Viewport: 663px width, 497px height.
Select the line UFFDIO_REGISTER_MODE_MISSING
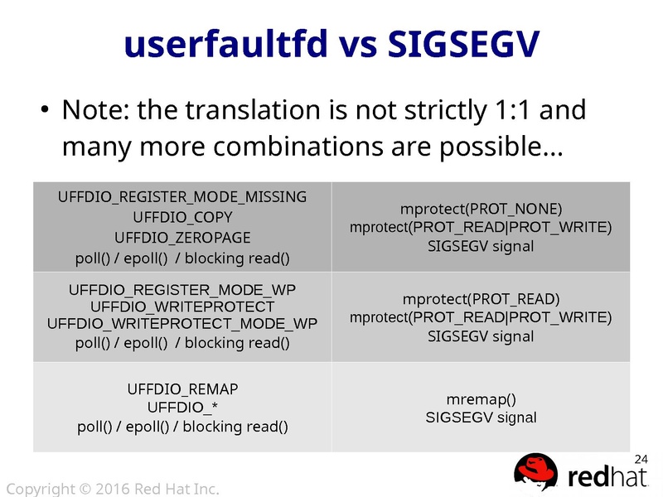click(x=182, y=196)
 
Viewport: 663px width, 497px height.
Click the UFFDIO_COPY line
click(x=182, y=217)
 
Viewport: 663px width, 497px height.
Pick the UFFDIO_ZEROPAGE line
click(x=182, y=237)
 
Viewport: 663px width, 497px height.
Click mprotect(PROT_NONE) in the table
click(x=481, y=207)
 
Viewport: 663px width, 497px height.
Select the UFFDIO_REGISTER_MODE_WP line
click(x=182, y=289)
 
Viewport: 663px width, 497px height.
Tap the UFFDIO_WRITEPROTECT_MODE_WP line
click(x=182, y=323)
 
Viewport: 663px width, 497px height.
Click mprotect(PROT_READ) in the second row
click(x=481, y=298)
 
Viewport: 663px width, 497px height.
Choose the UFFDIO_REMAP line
click(x=182, y=388)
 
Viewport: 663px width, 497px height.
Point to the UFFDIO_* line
click(x=182, y=408)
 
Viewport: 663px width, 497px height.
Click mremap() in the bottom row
click(x=481, y=398)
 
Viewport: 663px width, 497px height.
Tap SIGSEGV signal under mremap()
click(x=481, y=417)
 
